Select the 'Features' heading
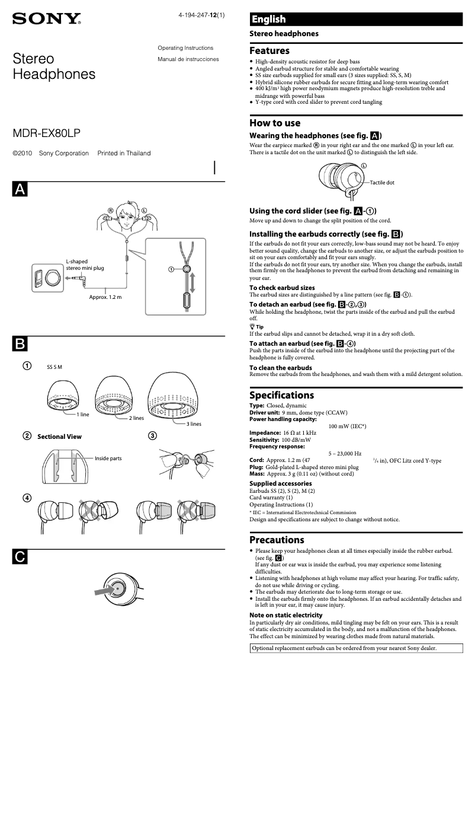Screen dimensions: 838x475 pos(269,51)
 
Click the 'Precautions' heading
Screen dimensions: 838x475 pos(277,540)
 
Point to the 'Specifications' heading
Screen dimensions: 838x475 pos(281,395)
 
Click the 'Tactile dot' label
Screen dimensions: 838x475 pos(382,183)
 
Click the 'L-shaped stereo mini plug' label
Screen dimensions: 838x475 pos(85,265)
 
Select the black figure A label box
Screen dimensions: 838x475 pos(20,189)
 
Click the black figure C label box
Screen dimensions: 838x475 pos(20,556)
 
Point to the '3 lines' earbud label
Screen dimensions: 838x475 pos(194,423)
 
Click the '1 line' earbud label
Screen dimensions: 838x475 pos(82,414)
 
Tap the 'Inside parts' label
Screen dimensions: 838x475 pos(108,458)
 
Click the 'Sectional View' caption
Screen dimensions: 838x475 pos(59,436)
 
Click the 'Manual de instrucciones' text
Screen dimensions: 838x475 pos(188,59)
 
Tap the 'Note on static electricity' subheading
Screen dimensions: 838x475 pos(282,615)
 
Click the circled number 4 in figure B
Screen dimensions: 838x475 pos(27,497)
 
